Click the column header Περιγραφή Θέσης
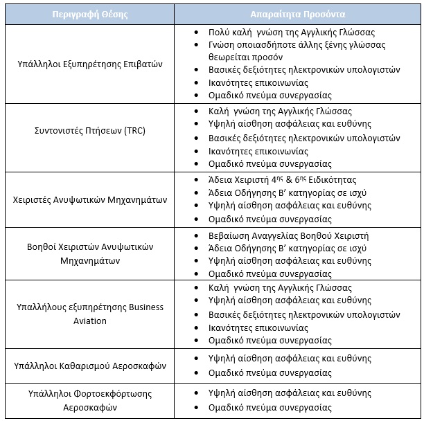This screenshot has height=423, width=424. tap(89, 14)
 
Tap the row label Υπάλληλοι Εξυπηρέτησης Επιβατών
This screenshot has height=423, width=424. tap(89, 64)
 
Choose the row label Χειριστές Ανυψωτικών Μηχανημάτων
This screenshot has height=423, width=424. tap(89, 200)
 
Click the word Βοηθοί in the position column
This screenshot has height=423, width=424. tap(43, 246)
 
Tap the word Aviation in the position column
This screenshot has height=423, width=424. tap(89, 321)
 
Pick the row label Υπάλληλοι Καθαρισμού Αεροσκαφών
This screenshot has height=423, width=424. tap(89, 366)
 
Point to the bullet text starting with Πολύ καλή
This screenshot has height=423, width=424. tap(291, 33)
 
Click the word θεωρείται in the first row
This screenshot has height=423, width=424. tap(231, 57)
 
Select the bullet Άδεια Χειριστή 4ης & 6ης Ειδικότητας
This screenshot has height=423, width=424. tap(287, 179)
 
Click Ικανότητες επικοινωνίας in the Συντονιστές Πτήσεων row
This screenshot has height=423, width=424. tap(258, 151)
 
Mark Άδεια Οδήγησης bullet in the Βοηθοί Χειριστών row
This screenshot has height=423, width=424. tap(288, 249)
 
